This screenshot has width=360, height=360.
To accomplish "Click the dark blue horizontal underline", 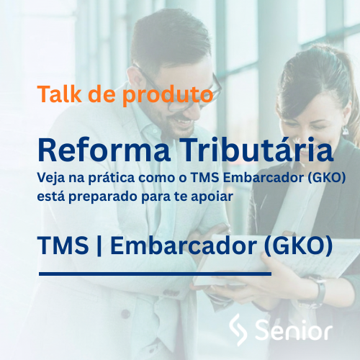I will pyautogui.click(x=155, y=274).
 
